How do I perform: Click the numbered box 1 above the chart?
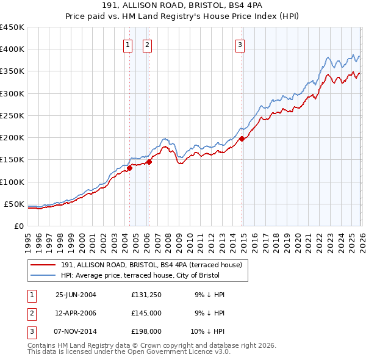tap(128, 45)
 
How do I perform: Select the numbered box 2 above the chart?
tap(148, 45)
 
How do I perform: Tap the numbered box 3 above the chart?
tap(240, 45)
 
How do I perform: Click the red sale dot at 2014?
tap(242, 139)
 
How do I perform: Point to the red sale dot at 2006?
tap(149, 162)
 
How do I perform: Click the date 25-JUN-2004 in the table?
tap(76, 295)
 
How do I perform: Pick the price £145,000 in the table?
tap(146, 313)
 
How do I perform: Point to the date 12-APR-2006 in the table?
tap(76, 313)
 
